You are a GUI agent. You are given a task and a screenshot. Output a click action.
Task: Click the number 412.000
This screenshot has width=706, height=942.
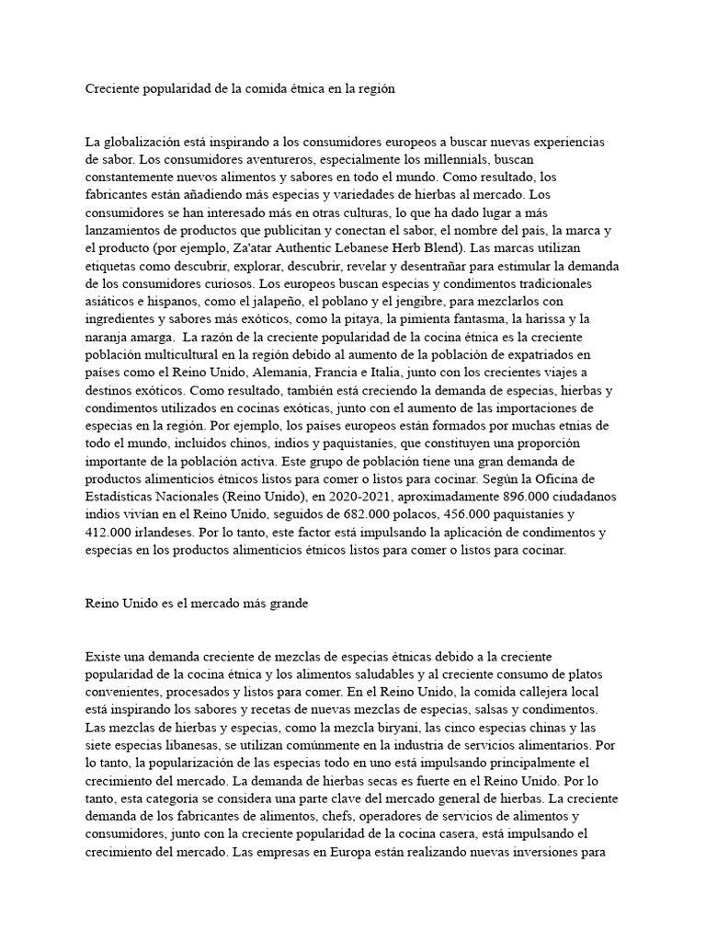110,533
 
